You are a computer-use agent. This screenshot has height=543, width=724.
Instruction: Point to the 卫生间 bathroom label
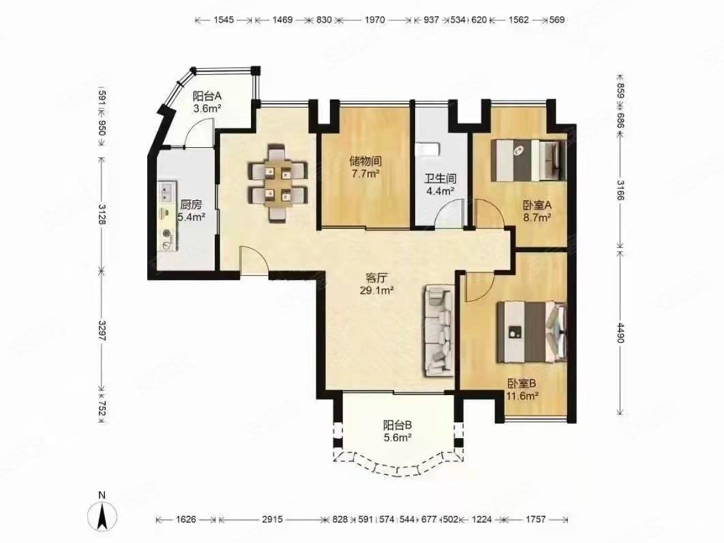440,178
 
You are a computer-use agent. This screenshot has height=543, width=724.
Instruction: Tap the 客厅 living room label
376,278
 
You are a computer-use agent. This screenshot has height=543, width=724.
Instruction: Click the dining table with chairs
277,183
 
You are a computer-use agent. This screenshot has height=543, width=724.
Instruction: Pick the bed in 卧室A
528,160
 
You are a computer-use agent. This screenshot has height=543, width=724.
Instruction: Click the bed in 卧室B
532,331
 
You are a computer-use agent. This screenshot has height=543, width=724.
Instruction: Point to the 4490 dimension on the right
620,332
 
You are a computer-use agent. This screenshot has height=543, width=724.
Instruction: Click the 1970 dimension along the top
374,20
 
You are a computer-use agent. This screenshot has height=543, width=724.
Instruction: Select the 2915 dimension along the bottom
272,519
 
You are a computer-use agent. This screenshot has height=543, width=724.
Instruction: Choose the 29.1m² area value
376,291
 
